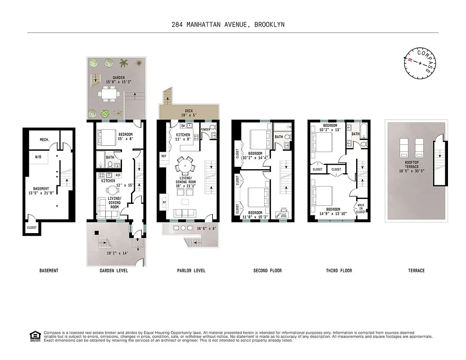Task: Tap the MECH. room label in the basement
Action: [44, 139]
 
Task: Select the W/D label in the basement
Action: [39, 157]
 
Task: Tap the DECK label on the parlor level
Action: [188, 111]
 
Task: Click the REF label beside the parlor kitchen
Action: [163, 156]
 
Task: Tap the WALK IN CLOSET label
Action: [361, 208]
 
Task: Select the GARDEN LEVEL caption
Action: [114, 270]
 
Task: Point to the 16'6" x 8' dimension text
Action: [206, 228]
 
